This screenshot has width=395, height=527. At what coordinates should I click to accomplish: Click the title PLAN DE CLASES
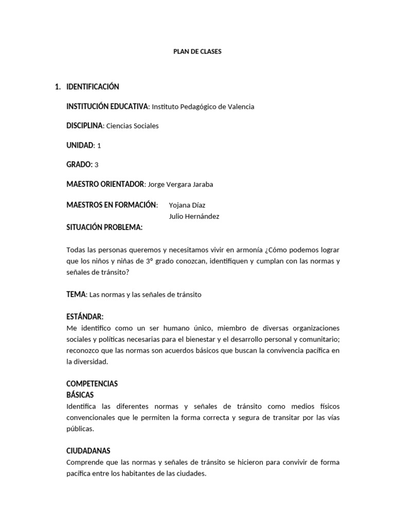197,51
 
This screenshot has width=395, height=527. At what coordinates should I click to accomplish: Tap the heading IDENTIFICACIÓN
93,86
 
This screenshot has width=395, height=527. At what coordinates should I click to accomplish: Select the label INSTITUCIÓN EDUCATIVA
107,107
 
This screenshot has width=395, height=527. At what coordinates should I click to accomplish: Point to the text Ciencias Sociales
133,126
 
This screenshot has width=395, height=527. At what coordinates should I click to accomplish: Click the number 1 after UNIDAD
99,146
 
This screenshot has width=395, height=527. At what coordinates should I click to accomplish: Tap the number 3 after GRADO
97,165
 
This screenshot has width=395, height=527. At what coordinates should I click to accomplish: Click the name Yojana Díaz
187,205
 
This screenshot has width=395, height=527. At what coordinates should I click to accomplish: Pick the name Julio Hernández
194,216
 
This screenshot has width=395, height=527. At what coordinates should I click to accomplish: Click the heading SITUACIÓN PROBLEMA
104,227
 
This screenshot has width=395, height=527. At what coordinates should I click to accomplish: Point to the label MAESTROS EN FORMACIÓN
112,205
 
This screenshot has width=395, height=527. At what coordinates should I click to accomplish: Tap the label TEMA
76,295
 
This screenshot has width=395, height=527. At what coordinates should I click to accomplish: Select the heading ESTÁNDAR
85,317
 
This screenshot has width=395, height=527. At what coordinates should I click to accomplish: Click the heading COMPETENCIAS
92,384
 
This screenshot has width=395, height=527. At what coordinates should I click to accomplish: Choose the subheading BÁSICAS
80,395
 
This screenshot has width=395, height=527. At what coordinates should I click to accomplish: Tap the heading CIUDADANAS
88,451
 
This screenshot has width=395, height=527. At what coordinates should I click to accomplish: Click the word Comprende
85,462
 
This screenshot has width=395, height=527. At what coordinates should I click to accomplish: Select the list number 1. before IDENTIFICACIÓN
58,86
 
